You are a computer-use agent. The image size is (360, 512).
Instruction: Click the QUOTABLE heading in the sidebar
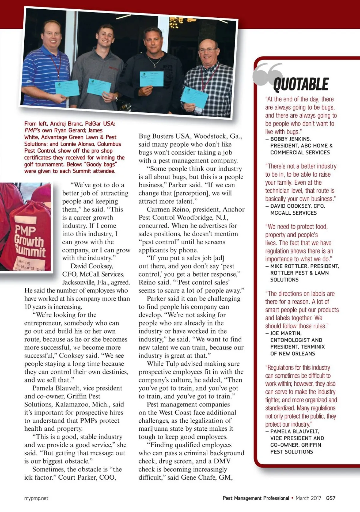pyautogui.click(x=301, y=84)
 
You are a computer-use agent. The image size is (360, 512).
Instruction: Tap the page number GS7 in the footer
pyautogui.click(x=331, y=498)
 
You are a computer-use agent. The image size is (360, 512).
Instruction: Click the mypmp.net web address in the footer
pyautogui.click(x=36, y=498)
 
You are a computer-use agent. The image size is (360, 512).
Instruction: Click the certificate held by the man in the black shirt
pyautogui.click(x=151, y=79)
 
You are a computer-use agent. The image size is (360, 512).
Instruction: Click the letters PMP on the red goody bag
pyautogui.click(x=25, y=230)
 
